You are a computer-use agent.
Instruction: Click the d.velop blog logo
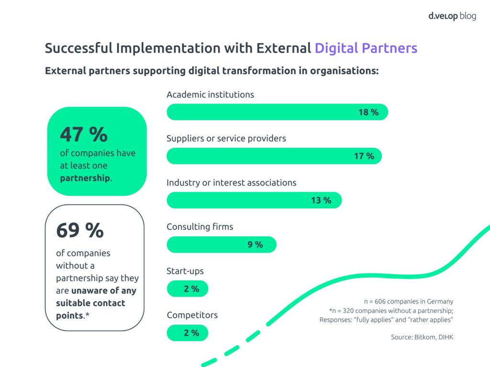(x=452, y=16)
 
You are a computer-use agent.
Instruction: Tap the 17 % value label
(x=364, y=156)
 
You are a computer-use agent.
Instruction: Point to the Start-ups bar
(x=187, y=289)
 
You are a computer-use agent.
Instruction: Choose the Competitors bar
(x=187, y=333)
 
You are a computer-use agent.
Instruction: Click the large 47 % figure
(x=84, y=135)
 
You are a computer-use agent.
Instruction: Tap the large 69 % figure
(x=80, y=230)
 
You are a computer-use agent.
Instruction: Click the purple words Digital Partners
(x=366, y=48)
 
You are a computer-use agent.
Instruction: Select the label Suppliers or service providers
(x=226, y=139)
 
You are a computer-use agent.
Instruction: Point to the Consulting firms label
(x=200, y=227)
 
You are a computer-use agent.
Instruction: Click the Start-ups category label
(x=185, y=271)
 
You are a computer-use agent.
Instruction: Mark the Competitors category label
(x=192, y=315)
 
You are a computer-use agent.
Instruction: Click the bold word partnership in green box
(x=85, y=178)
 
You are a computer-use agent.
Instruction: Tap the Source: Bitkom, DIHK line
(x=422, y=337)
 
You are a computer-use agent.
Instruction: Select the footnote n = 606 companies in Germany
(x=408, y=302)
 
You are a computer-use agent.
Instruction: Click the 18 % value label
(x=368, y=112)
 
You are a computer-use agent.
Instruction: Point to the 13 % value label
(x=321, y=200)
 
